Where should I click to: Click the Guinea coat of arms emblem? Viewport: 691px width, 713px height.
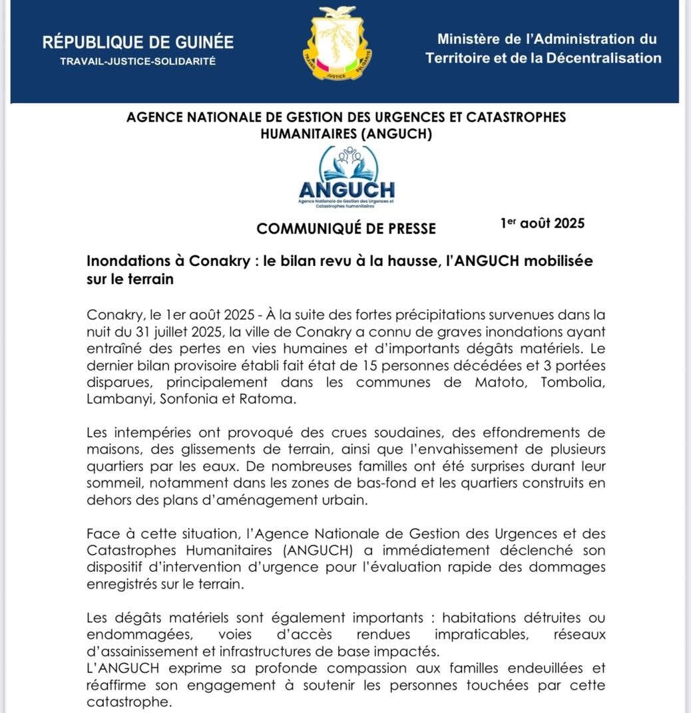pos(338,45)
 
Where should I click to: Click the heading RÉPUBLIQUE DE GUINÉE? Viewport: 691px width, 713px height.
pos(138,43)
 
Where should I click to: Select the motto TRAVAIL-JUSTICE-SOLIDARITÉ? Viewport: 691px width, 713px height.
pos(138,61)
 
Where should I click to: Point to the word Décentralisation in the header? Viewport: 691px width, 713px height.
pos(604,58)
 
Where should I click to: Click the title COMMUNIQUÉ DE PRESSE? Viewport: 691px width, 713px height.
pos(346,229)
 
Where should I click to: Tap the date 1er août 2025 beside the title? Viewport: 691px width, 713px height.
pos(543,223)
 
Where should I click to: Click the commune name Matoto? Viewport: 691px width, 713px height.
pos(497,382)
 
